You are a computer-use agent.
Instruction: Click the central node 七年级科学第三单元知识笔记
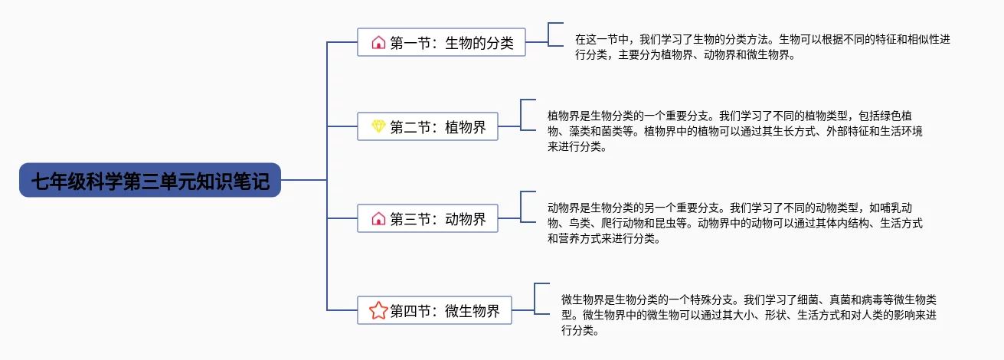150,181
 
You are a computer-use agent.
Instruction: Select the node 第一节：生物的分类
441,42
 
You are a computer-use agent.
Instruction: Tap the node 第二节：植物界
427,126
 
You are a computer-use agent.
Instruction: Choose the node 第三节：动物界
427,218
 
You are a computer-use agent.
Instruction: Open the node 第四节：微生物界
433,310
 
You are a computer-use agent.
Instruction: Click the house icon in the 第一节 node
378,42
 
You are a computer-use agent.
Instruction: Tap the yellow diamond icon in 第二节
378,126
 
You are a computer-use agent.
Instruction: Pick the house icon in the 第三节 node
378,218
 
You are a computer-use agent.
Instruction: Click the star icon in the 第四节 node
378,310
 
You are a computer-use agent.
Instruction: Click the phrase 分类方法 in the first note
747,38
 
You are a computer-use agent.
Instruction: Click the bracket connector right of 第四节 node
535,298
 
